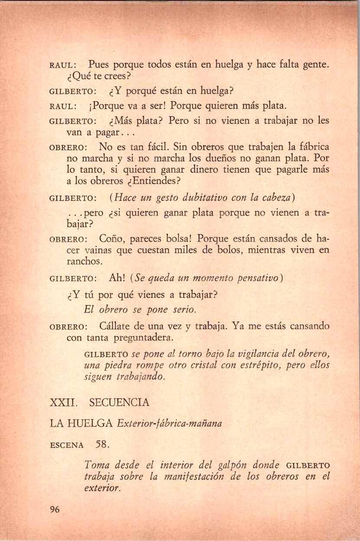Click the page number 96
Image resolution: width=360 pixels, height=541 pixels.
click(54, 509)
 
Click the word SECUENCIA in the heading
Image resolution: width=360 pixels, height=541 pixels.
click(119, 402)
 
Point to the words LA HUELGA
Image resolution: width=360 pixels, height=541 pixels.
click(82, 423)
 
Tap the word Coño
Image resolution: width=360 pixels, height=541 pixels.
click(111, 238)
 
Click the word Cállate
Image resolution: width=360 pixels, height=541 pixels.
click(117, 326)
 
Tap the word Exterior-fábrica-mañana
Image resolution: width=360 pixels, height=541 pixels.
click(169, 424)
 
